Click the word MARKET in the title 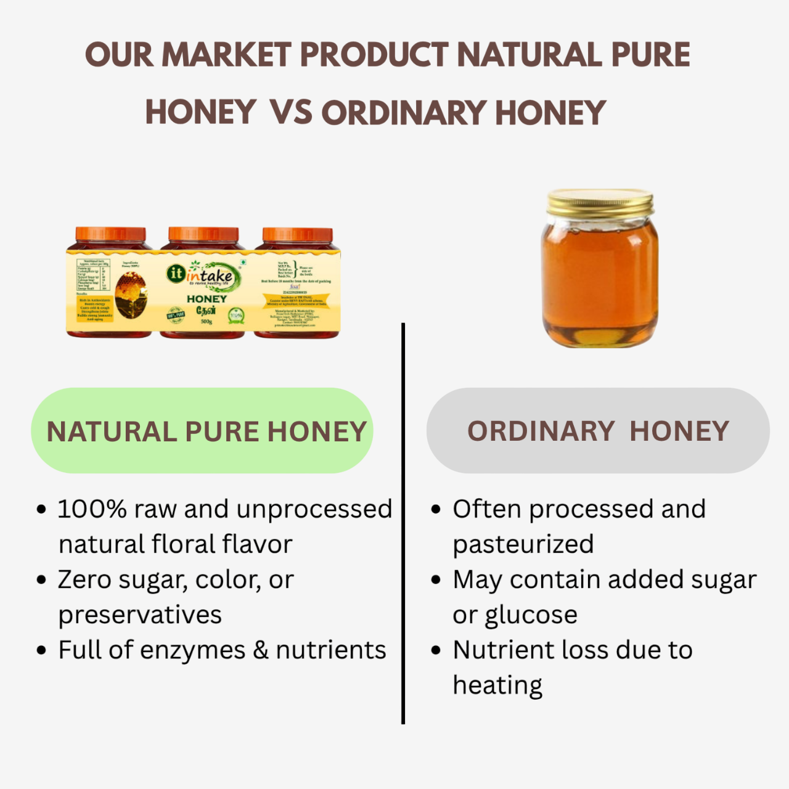point(226,55)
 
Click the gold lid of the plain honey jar point(600,203)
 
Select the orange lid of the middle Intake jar point(203,235)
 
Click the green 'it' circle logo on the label point(176,274)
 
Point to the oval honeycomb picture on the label point(131,295)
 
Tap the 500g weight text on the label point(206,322)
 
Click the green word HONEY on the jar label point(206,299)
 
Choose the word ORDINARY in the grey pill point(541,431)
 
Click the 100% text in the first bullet point(92,509)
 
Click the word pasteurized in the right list point(523,545)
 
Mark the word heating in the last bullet point(497,685)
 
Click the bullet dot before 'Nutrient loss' point(436,651)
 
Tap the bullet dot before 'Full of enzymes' point(41,651)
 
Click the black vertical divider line point(403,524)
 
